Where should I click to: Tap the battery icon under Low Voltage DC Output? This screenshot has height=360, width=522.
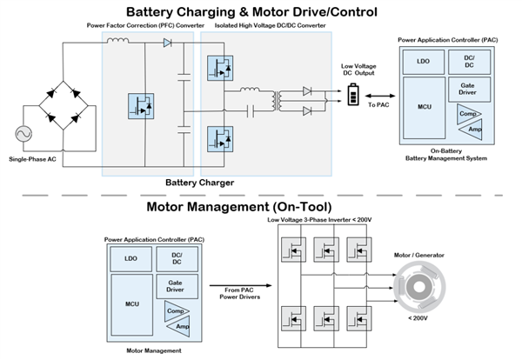354,98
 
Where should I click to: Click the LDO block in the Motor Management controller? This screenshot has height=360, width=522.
131,258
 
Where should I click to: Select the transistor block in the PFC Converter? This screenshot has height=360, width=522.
141,106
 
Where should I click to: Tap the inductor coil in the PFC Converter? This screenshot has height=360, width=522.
117,41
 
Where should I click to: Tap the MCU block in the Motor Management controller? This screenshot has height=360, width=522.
131,304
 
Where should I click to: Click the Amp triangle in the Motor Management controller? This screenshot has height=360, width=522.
180,325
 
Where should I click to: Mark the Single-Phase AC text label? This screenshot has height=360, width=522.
34,159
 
